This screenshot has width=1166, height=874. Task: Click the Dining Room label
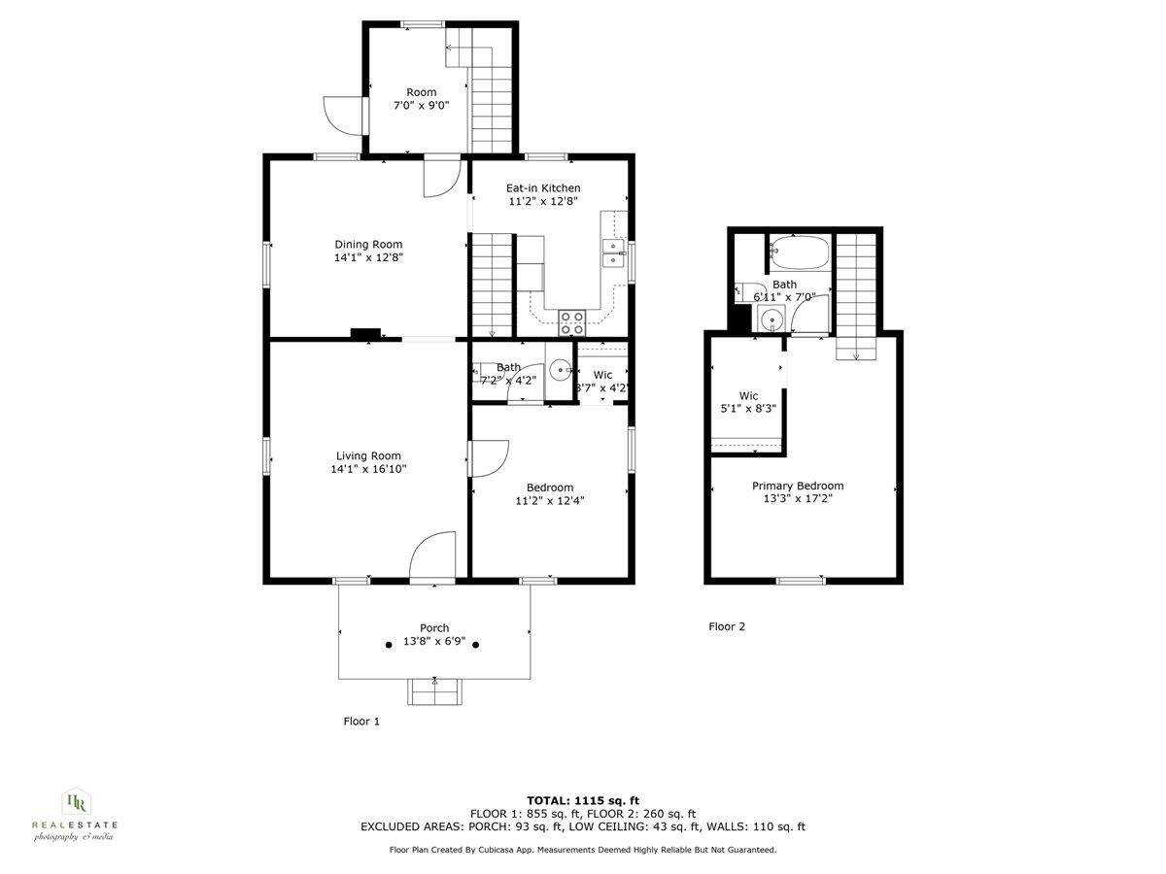(x=368, y=245)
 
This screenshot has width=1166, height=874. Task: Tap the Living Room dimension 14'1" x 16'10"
(x=368, y=469)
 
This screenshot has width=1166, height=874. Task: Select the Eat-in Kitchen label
(x=543, y=188)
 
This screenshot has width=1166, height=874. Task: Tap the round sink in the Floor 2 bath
(x=772, y=319)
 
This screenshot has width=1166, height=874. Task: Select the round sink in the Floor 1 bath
(x=561, y=370)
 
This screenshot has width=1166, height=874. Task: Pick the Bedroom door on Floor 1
(x=489, y=458)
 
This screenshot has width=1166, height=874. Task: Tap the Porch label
(x=434, y=628)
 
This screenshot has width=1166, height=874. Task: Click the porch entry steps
(x=434, y=691)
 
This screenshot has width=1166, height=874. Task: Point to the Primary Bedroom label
(x=798, y=486)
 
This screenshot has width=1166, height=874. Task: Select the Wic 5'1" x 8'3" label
(x=748, y=402)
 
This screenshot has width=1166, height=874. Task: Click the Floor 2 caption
(x=727, y=626)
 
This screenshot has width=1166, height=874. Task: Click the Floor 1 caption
(x=361, y=721)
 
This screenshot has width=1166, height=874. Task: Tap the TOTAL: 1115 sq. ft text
(x=583, y=799)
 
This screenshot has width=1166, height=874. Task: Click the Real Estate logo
(x=75, y=814)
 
